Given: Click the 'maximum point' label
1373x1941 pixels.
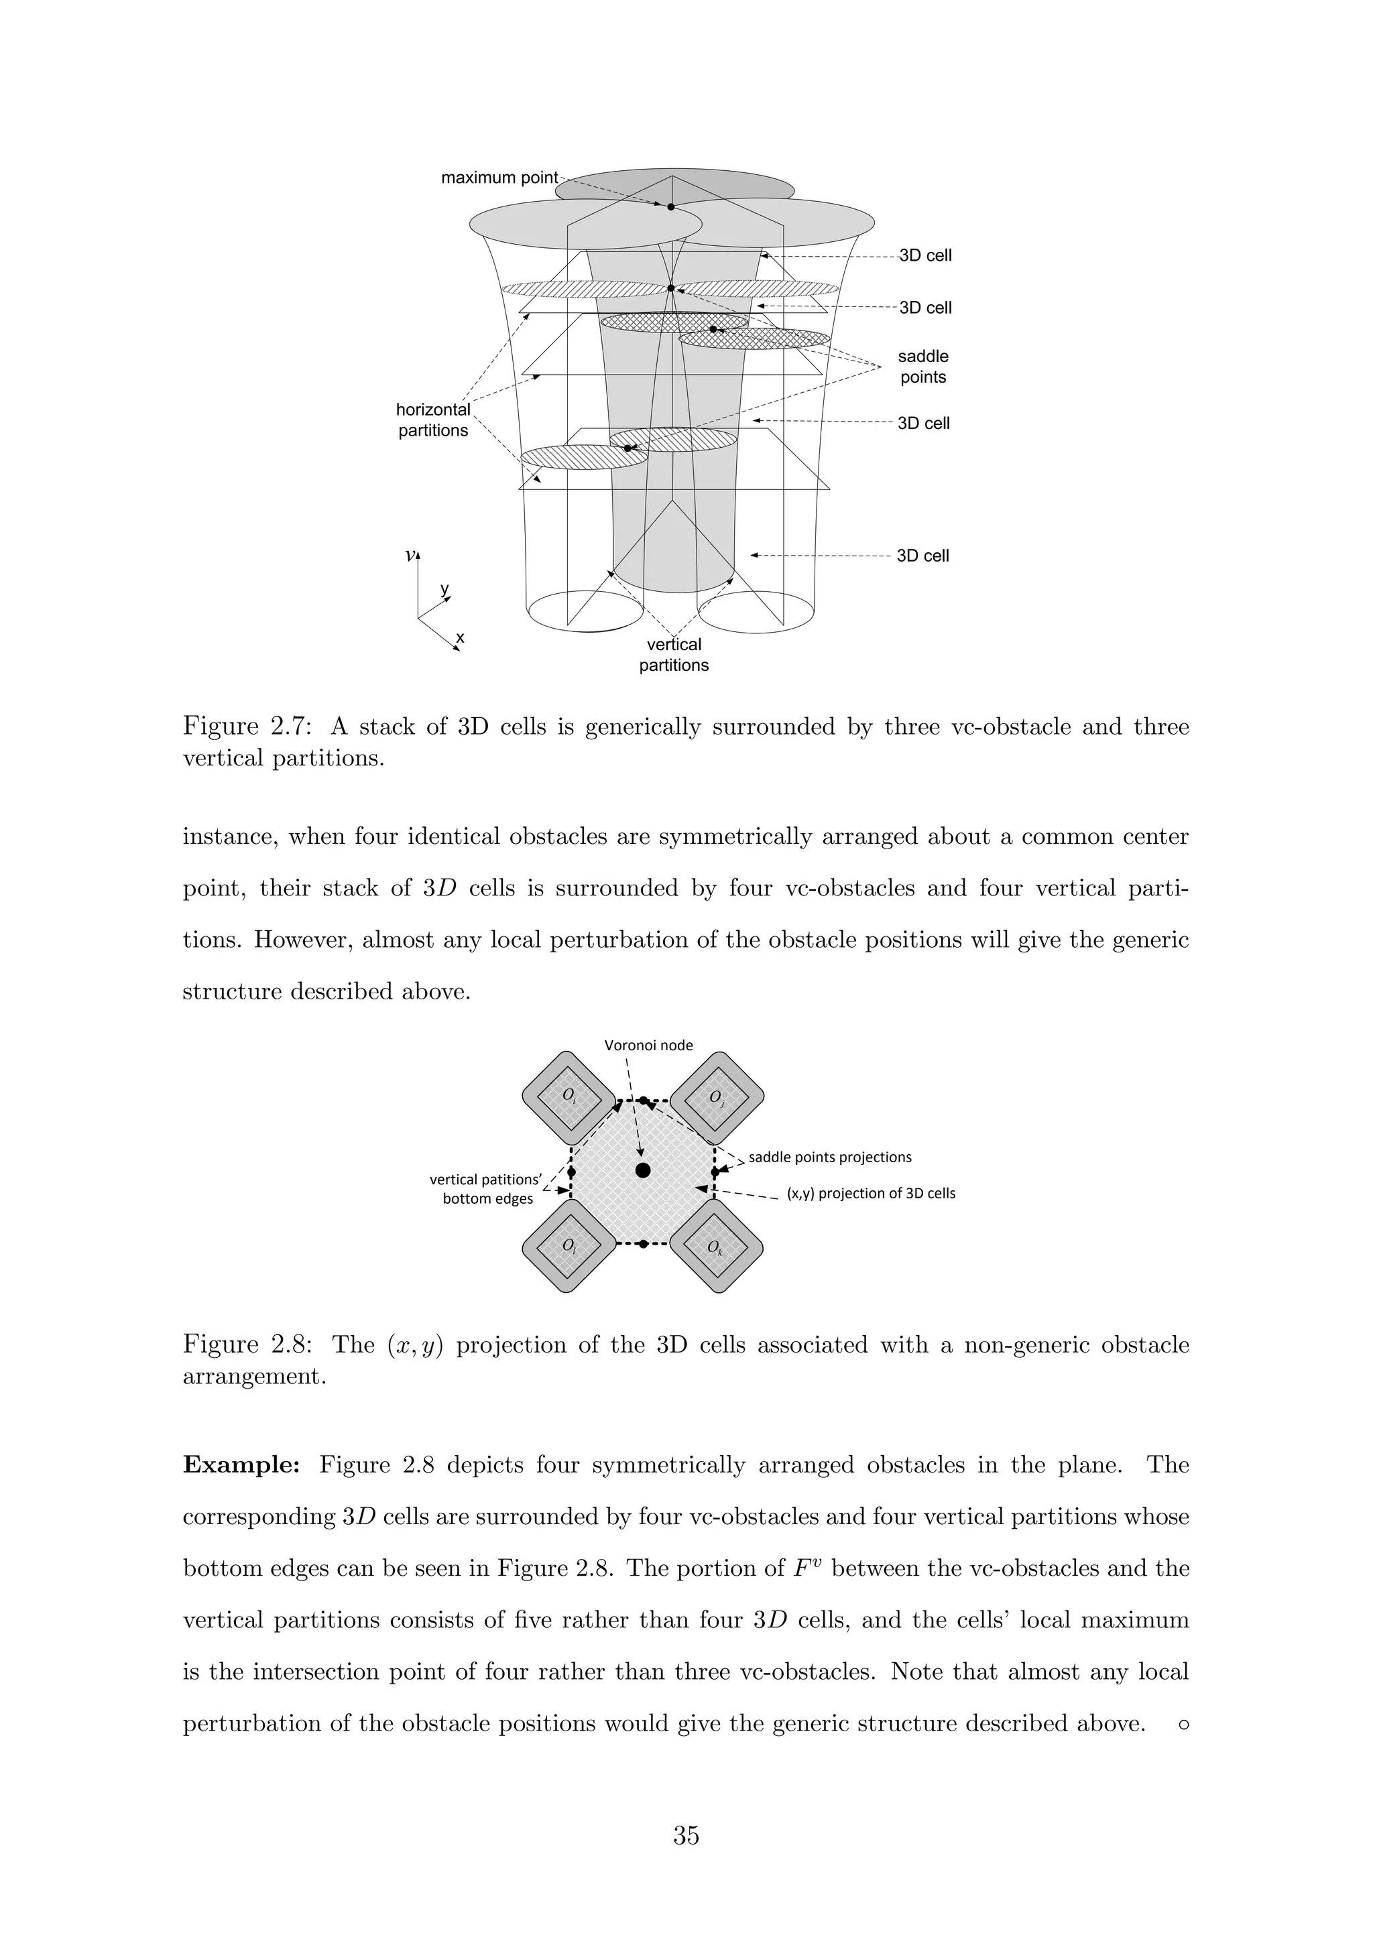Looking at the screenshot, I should [499, 178].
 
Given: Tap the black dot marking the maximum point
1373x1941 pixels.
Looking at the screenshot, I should [670, 207].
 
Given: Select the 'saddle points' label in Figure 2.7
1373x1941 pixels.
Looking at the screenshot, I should [922, 367].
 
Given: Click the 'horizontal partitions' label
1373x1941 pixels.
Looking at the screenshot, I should [433, 420].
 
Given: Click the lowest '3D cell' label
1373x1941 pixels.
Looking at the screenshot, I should [922, 556].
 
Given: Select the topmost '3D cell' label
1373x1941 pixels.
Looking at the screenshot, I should [925, 256].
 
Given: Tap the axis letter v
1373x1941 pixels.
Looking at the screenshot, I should [410, 556].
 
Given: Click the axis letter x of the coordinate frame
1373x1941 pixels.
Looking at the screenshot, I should [460, 637].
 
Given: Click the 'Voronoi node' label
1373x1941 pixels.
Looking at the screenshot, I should [648, 1046].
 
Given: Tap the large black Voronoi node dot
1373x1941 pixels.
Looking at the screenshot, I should [642, 1170].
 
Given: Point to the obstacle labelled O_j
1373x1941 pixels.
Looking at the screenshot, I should [716, 1098].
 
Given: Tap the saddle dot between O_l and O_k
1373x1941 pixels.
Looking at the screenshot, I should [644, 1243].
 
